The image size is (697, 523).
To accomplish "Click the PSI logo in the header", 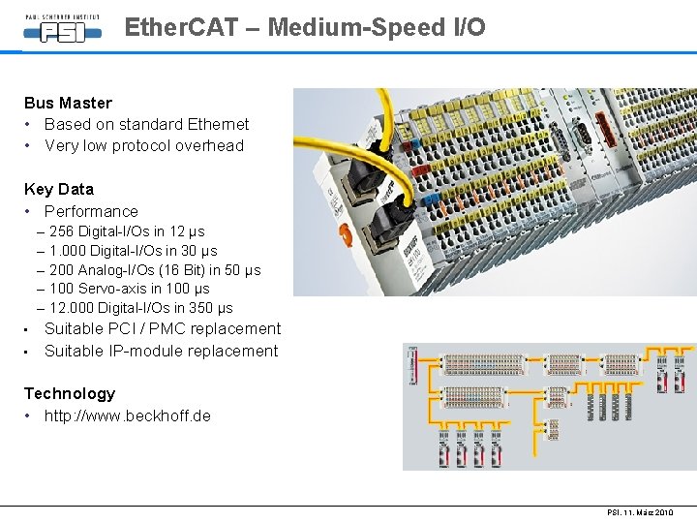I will tap(63, 29).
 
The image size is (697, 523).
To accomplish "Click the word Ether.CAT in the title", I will tap(181, 27).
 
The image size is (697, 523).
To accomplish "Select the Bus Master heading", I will tap(68, 103).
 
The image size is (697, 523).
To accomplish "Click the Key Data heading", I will tap(59, 189).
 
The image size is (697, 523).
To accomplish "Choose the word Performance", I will tap(91, 211).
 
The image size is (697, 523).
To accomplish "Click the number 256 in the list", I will tap(61, 231).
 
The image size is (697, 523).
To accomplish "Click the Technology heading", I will tap(69, 393).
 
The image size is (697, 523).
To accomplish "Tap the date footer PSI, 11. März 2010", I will tap(640, 512).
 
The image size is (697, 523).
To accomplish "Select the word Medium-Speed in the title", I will tap(354, 27).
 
